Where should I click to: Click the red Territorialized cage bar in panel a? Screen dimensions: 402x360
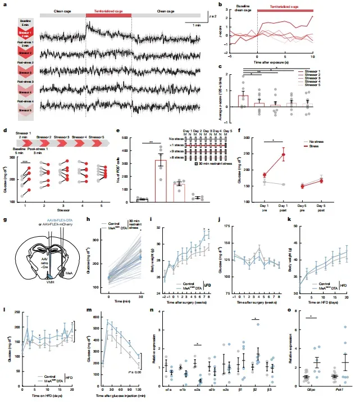tap(109, 11)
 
